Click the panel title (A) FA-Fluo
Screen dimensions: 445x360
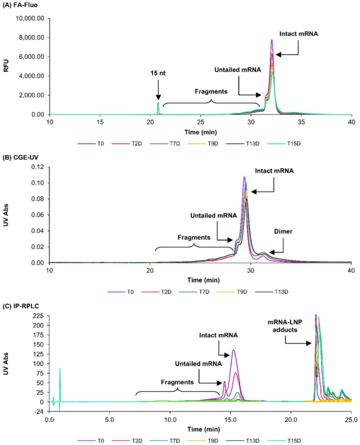[x=23, y=5]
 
